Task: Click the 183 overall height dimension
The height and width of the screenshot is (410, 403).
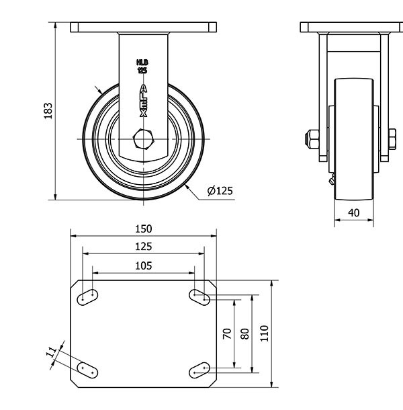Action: [48, 111]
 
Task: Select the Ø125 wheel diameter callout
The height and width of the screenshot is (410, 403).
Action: [220, 191]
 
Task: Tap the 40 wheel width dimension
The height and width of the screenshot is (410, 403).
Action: [353, 213]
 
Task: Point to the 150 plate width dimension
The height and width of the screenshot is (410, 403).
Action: [144, 229]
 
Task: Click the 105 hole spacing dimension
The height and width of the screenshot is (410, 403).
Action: [144, 266]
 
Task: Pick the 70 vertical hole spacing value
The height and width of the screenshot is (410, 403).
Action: [227, 333]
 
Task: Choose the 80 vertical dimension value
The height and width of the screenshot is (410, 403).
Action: [245, 333]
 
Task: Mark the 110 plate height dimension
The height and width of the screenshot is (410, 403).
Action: [264, 333]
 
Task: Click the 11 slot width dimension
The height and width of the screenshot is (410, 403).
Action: [51, 352]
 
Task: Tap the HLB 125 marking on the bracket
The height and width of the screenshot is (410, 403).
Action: [142, 66]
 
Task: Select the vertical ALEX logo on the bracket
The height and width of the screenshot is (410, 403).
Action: [143, 101]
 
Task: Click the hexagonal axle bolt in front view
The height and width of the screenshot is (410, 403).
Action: [143, 139]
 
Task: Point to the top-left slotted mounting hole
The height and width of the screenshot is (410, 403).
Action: [87, 297]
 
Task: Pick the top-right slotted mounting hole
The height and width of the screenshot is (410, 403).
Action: [199, 297]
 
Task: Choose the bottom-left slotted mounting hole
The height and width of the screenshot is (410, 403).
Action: [87, 370]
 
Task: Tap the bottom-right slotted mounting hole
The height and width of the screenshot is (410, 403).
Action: [199, 370]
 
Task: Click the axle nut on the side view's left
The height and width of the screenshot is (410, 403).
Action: [312, 139]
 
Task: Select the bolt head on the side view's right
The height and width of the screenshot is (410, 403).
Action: [392, 139]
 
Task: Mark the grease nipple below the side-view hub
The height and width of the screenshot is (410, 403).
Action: [332, 180]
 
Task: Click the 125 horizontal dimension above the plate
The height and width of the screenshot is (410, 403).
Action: [144, 247]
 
